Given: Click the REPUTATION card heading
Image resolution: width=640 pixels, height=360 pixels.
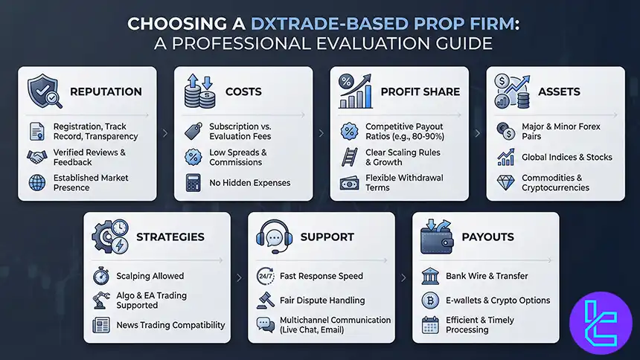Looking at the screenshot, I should [x=106, y=91].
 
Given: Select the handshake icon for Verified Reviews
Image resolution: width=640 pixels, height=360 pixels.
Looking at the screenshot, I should [x=37, y=157].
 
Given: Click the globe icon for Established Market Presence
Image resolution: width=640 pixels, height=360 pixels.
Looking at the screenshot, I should [x=37, y=182].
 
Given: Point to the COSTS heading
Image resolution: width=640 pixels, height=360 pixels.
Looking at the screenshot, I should [x=243, y=91].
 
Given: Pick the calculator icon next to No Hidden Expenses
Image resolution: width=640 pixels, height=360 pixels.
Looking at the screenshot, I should [x=193, y=182].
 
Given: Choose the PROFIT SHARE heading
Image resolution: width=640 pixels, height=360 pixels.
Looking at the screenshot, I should [x=420, y=91].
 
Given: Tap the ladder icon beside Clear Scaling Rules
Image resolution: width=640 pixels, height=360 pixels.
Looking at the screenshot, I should [x=349, y=157].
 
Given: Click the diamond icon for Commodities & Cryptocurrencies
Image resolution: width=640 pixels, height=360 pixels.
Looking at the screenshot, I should [x=506, y=182].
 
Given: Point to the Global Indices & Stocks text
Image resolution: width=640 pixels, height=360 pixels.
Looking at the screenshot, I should [x=567, y=157].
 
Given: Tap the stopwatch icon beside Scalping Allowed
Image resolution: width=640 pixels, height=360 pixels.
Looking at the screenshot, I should [x=102, y=276].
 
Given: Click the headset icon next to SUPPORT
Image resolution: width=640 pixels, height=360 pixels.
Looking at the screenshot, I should [x=271, y=237].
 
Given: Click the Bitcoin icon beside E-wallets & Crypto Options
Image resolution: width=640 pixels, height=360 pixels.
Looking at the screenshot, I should [x=430, y=300].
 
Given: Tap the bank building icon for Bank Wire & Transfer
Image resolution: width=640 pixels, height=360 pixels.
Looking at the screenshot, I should [x=430, y=276].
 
